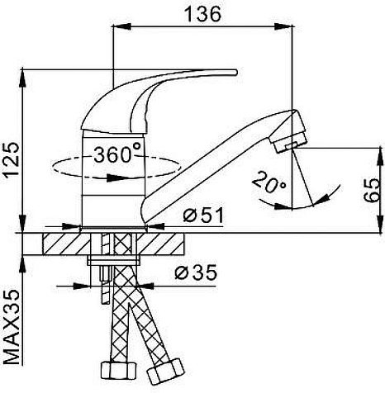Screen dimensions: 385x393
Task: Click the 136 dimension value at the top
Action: [203, 14]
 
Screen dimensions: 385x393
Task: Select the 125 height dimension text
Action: [12, 160]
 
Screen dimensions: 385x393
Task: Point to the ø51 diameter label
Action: [203, 215]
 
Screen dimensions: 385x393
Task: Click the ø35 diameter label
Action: [196, 272]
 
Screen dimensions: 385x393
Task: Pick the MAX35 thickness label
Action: [12, 327]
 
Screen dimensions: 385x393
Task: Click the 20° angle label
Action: [269, 182]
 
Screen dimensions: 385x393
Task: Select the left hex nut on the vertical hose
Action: [118, 372]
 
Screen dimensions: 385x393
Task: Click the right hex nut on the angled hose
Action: [165, 372]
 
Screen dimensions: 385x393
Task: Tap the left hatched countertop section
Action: [67, 244]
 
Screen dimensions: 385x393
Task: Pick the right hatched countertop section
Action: [160, 244]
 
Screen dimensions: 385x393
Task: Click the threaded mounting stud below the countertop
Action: [106, 285]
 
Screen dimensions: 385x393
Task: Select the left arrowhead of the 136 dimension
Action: [121, 26]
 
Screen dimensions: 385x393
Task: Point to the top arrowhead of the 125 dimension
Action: [22, 78]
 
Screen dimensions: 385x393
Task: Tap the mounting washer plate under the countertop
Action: [113, 260]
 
